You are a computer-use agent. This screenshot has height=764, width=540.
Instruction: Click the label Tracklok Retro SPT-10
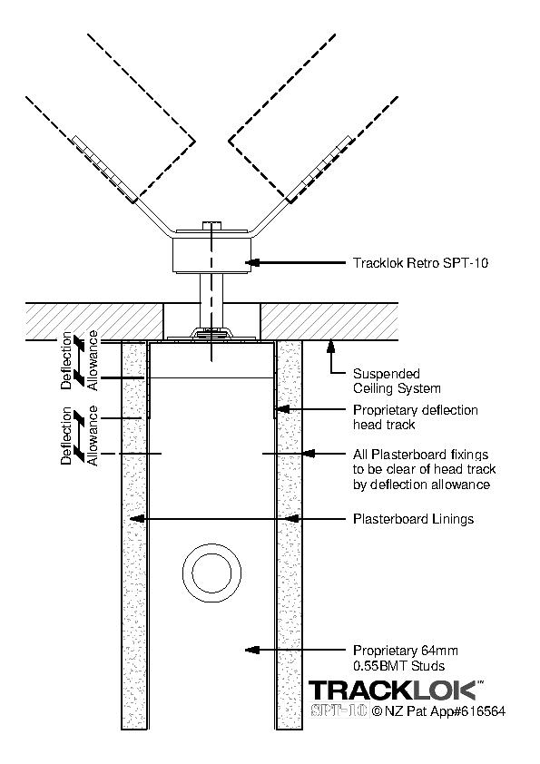420,263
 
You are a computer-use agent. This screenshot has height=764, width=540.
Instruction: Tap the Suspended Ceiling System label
397,381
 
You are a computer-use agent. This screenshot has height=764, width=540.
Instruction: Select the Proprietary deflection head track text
416,417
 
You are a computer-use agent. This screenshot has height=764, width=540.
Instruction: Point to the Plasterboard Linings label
413,519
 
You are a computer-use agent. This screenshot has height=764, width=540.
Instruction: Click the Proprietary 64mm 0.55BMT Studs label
406,658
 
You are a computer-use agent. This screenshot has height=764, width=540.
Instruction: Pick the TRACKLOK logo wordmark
393,691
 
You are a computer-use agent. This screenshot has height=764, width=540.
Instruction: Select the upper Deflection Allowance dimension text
80,360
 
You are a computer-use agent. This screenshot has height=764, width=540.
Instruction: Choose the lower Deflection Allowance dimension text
80,436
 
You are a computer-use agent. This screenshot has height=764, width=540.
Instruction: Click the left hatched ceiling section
94,321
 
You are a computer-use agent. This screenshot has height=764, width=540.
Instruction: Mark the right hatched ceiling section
329,321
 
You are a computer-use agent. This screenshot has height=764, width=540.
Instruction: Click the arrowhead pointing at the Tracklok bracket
251,263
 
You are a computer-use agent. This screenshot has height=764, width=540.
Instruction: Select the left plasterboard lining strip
133,535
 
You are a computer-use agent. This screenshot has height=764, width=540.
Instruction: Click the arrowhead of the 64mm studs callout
251,650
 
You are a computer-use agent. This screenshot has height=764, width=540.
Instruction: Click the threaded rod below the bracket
211,300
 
